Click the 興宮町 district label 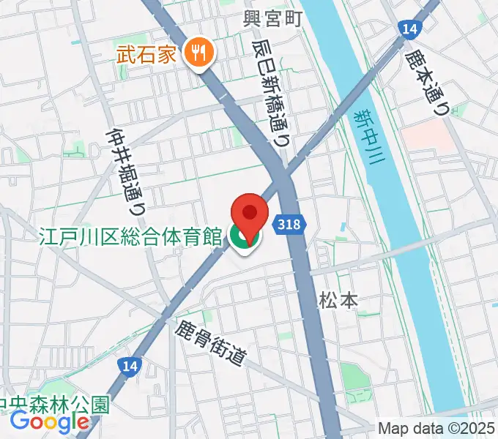272,18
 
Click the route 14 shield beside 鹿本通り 409,29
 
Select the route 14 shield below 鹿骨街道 131,367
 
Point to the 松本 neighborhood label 338,300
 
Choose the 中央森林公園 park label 54,403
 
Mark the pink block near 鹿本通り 428,135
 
